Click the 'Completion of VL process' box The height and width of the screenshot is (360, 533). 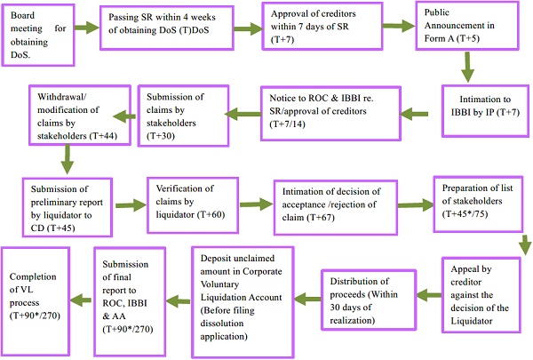tap(36, 284)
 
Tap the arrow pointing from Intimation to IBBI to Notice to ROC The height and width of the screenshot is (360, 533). tap(415, 113)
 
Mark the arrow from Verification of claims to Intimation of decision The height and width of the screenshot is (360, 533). tap(251, 204)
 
